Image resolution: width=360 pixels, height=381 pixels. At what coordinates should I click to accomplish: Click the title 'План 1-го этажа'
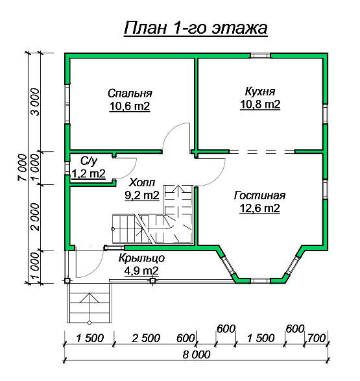tap(196, 28)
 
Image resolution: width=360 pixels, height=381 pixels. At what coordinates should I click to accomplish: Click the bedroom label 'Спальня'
tap(130, 93)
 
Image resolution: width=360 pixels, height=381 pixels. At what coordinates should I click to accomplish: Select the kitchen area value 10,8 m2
tap(260, 104)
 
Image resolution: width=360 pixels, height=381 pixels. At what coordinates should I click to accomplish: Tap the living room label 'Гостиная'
tap(259, 195)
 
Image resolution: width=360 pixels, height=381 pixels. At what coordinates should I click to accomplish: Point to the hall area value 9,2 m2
tap(142, 195)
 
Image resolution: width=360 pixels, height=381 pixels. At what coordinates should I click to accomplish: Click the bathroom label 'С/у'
tap(89, 161)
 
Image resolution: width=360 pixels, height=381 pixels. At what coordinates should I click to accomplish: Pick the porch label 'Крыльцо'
tap(142, 258)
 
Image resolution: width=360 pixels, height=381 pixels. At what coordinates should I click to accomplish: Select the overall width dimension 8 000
tap(197, 354)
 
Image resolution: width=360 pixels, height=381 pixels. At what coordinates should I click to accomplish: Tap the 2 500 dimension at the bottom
tap(146, 338)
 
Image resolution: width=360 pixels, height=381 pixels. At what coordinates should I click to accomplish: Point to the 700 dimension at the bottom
tap(316, 338)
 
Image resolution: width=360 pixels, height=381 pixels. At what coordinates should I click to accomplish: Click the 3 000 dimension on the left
tap(35, 102)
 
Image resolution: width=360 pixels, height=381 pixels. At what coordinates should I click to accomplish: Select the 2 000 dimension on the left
tap(35, 217)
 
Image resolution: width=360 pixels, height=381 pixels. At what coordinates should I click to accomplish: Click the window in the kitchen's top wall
tap(260, 55)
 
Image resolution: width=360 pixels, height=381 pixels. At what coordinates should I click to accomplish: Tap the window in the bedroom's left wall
tap(67, 104)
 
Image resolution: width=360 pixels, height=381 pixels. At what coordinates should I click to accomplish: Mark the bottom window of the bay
tap(260, 281)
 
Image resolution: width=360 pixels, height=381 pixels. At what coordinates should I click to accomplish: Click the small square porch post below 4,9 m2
tap(152, 281)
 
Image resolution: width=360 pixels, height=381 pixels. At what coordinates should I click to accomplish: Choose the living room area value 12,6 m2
tap(259, 208)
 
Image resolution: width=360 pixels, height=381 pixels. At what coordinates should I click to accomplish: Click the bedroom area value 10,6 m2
tap(130, 106)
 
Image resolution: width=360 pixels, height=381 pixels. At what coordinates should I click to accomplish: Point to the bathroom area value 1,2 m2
tap(89, 174)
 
